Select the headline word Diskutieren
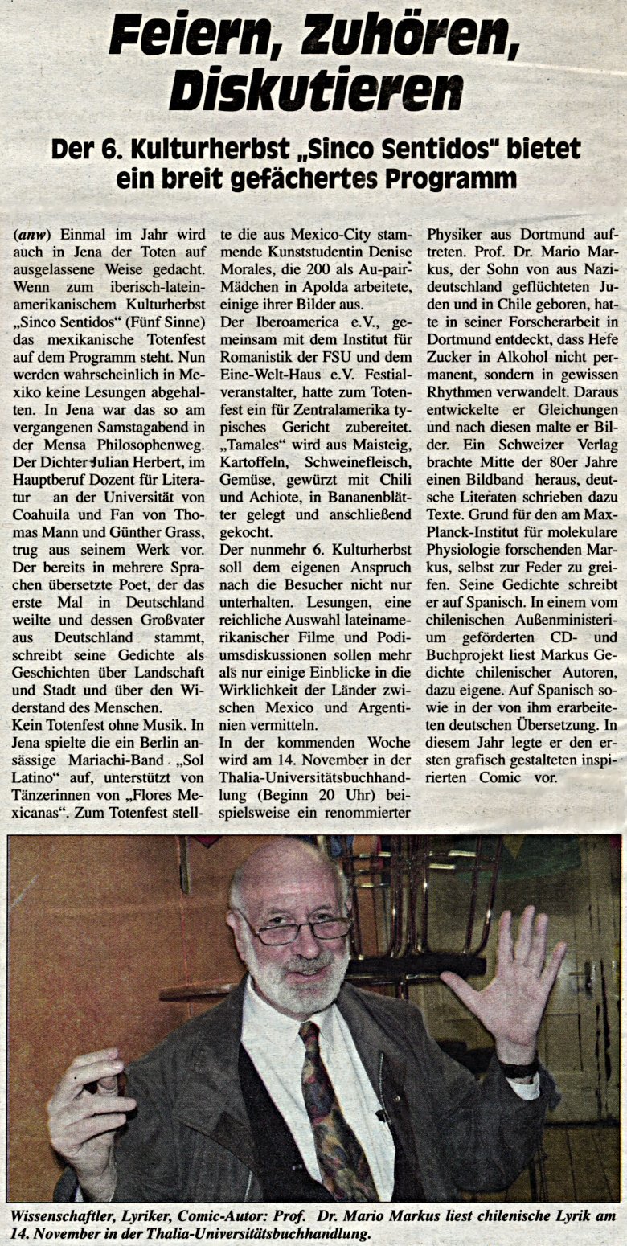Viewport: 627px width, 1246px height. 316,90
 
